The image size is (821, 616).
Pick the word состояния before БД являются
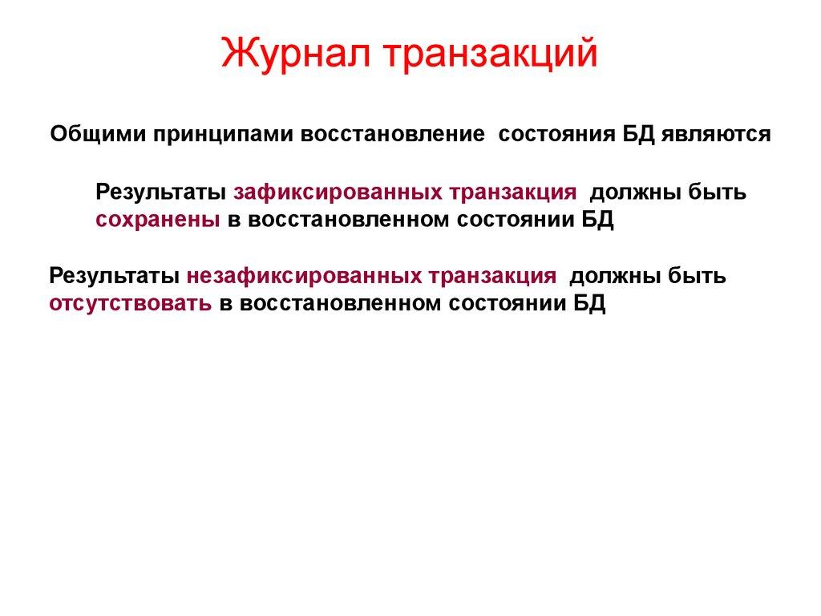567,134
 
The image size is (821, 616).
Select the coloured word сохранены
158,221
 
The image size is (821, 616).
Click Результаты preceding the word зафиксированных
162,193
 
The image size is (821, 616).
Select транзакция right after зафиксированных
512,193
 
